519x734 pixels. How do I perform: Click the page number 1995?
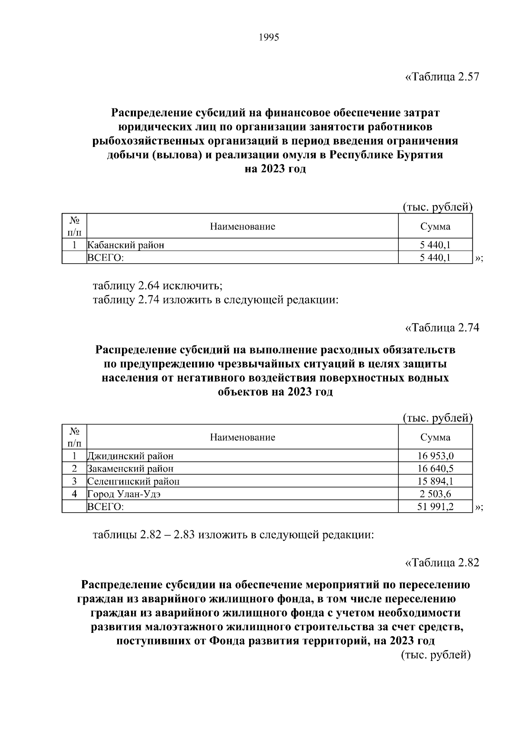269,38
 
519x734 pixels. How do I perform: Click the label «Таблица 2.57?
442,77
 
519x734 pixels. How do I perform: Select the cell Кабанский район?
126,246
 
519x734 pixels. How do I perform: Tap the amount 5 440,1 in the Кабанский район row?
435,246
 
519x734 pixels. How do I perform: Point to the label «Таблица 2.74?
442,328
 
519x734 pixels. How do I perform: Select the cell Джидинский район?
130,456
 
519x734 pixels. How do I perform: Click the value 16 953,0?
435,456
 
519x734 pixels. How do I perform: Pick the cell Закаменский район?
130,469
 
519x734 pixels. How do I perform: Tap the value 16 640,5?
435,469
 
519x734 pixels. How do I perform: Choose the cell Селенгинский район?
133,481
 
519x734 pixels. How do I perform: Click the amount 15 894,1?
435,481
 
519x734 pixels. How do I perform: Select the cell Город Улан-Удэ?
124,494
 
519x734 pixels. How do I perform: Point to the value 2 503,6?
435,494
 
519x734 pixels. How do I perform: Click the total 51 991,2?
435,507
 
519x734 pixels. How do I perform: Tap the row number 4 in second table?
74,494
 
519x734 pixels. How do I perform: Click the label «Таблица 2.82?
442,563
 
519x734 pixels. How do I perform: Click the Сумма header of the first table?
435,227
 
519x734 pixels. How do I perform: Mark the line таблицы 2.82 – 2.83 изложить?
233,535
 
